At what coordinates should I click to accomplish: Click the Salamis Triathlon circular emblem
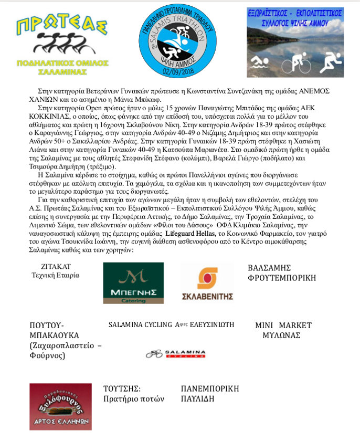coord(179,41)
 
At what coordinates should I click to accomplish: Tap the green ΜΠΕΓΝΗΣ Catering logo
coord(133,283)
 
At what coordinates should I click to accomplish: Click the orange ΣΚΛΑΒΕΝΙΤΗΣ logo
coord(207,283)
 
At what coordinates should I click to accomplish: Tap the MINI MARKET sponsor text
coord(283,325)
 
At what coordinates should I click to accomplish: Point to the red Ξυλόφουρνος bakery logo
coord(60,406)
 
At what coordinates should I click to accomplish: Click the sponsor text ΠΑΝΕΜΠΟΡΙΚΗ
coord(210,389)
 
